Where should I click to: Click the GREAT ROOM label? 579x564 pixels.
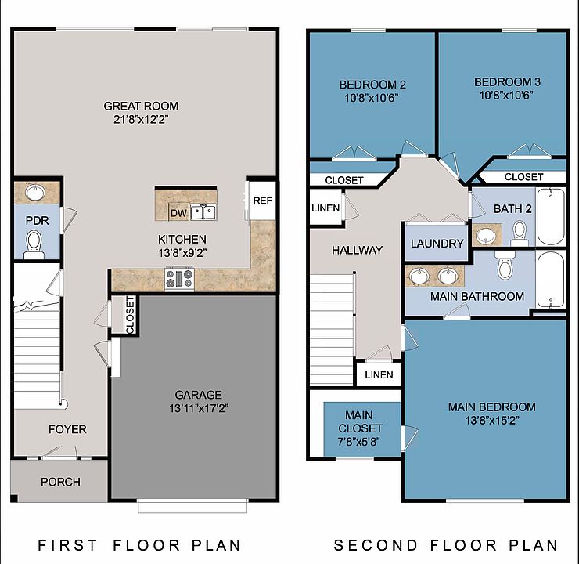pos(141,106)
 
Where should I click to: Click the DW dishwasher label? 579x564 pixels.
pos(178,213)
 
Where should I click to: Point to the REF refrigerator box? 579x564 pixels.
pos(262,201)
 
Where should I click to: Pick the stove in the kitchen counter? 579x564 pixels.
pos(179,278)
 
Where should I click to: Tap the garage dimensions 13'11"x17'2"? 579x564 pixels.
pos(198,408)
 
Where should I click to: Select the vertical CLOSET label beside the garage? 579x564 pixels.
pos(130,314)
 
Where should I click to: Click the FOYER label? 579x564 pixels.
pos(67,429)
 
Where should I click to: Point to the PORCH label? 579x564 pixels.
pos(60,482)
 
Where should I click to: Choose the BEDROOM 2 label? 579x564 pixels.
pos(372,85)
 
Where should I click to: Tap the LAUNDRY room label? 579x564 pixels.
pos(437,244)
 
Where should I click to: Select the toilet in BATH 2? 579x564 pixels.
pos(519,231)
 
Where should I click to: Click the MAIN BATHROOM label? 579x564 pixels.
pos(477,296)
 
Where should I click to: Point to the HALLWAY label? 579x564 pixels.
pos(357,251)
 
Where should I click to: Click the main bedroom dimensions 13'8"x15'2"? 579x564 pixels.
pos(491,420)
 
